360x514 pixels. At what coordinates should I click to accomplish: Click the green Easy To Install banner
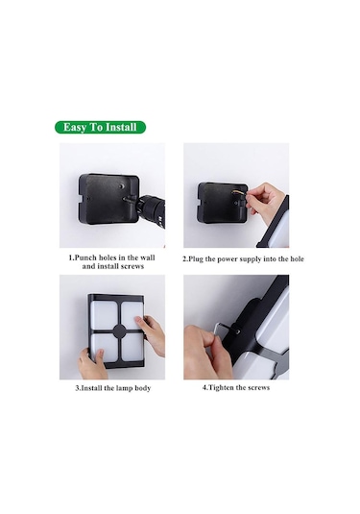(100, 127)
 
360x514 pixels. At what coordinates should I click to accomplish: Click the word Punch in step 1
(86, 257)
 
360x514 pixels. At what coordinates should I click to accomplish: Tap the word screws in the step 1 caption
(132, 266)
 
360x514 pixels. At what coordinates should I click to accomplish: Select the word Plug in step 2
(196, 259)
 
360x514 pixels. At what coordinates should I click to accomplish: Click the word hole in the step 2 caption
(297, 258)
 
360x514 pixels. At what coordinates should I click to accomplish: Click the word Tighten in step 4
(222, 387)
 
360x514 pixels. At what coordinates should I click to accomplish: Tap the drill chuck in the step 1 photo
(151, 208)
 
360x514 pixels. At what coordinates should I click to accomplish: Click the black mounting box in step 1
(108, 199)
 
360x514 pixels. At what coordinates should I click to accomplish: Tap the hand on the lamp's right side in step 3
(151, 333)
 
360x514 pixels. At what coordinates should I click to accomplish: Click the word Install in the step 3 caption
(92, 388)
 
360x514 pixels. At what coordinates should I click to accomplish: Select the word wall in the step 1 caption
(148, 257)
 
